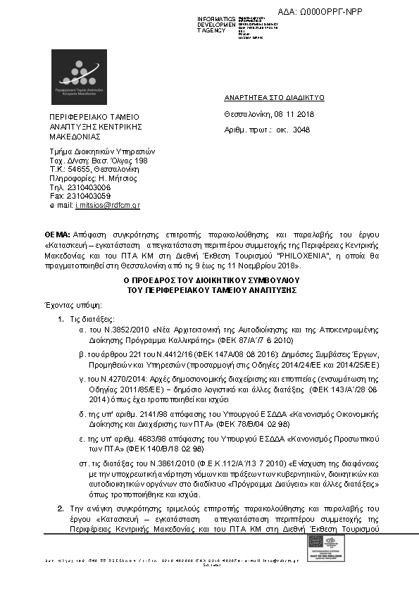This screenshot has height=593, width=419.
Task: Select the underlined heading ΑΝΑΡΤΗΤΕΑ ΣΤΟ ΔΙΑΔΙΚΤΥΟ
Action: pyautogui.click(x=274, y=98)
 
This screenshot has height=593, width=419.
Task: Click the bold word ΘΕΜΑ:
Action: pyautogui.click(x=57, y=233)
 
